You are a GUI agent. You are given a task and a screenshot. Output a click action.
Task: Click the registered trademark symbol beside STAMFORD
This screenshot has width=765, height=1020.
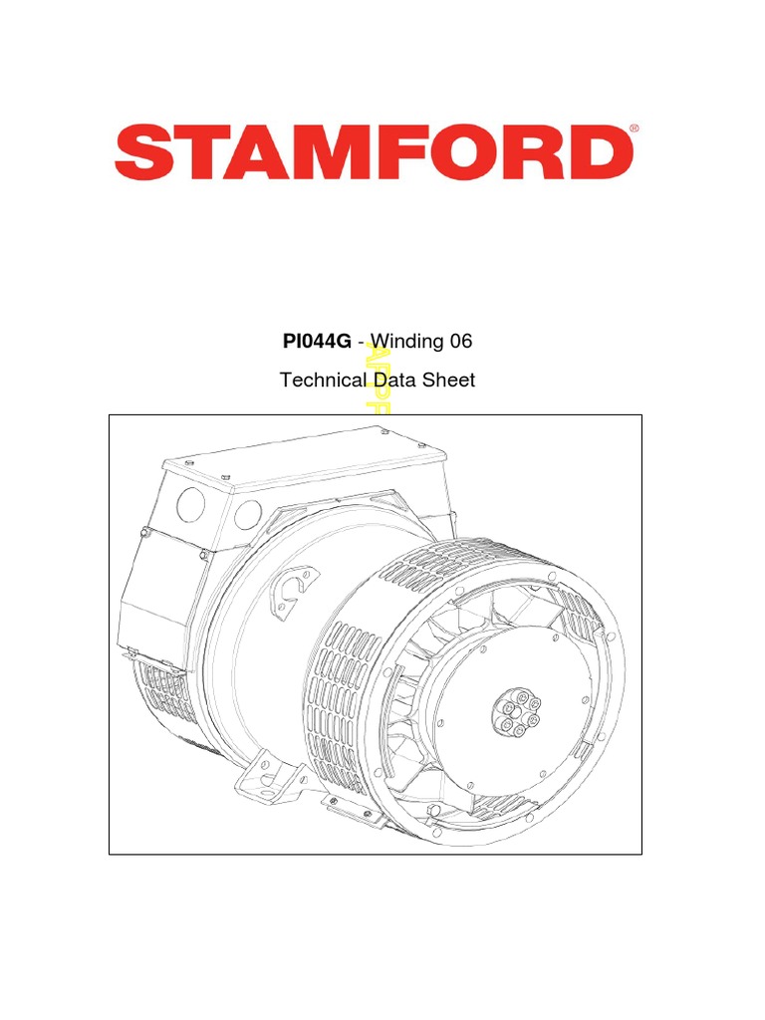[x=635, y=129]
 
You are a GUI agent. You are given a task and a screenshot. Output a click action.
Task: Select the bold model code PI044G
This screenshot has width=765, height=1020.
[x=317, y=342]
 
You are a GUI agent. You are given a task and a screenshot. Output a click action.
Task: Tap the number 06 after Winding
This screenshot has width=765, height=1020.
[x=459, y=342]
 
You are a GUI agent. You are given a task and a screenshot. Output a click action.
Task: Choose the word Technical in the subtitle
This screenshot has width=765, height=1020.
[x=324, y=380]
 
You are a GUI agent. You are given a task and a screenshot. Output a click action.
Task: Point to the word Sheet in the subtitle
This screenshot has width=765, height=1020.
[x=451, y=380]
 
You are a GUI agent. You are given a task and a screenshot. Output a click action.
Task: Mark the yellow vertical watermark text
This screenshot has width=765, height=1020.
[x=379, y=380]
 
